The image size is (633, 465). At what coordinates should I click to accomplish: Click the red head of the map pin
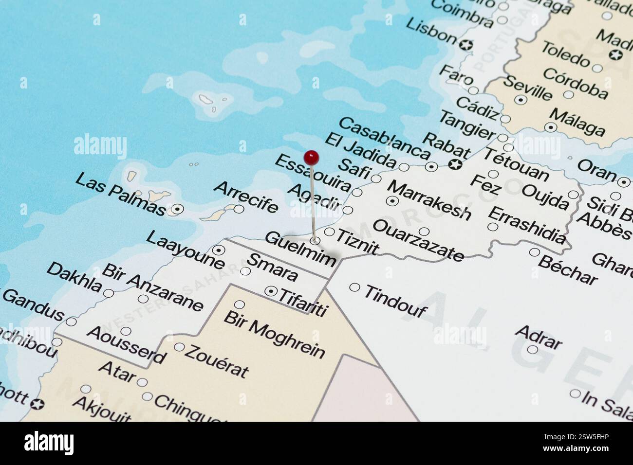coord(311,157)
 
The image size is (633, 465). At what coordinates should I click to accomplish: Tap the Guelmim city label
coord(300,249)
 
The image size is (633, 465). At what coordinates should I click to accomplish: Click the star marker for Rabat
coord(455,164)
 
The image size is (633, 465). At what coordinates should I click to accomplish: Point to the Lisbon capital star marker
coord(466,45)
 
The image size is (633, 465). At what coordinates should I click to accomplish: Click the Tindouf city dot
coord(354,287)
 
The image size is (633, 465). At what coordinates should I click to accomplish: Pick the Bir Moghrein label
coord(274,334)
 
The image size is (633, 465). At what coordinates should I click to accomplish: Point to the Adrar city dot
coord(532,349)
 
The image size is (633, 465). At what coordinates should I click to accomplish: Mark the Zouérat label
coord(217,361)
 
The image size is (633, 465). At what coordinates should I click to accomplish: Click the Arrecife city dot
coord(239,209)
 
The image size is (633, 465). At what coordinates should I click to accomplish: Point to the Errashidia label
coord(527,225)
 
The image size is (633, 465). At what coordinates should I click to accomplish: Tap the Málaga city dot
coord(551,127)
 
